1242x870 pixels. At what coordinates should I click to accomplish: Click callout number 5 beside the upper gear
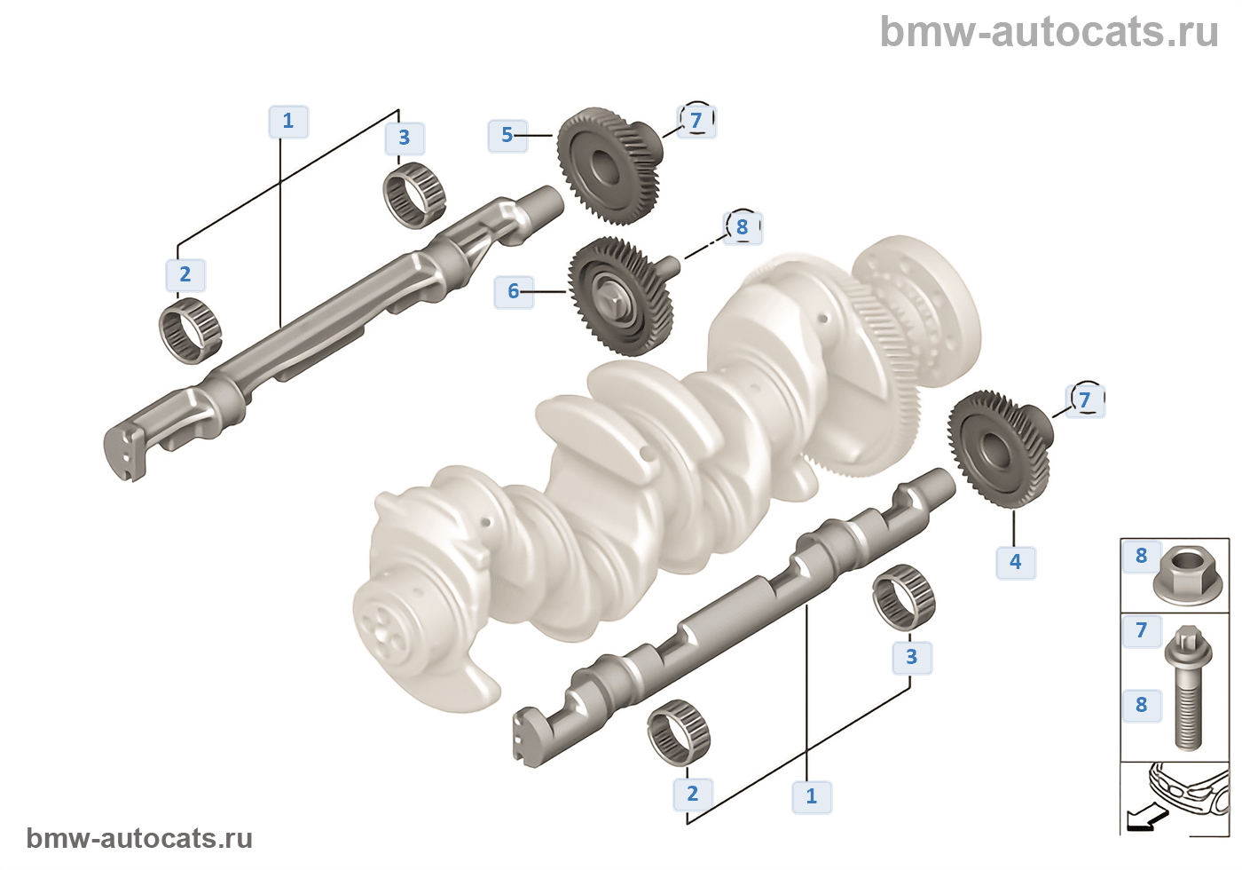507,136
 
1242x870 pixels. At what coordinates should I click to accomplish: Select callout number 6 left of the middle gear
514,291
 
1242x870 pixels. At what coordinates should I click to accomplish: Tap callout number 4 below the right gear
1016,562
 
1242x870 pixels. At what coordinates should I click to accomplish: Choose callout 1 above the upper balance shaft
288,122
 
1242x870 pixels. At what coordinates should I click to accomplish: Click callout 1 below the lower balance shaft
812,796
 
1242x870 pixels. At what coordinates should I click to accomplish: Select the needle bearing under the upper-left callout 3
413,194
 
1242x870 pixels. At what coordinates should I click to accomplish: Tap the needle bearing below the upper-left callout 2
190,331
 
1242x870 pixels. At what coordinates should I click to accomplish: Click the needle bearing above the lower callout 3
904,597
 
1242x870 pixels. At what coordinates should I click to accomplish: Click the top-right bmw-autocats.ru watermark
1049,32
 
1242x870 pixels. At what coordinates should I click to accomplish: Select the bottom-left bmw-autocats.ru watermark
139,838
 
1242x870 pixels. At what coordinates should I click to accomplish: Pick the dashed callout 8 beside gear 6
743,227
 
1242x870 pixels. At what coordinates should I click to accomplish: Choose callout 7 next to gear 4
1085,400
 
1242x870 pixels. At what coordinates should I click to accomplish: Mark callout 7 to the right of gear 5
696,121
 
